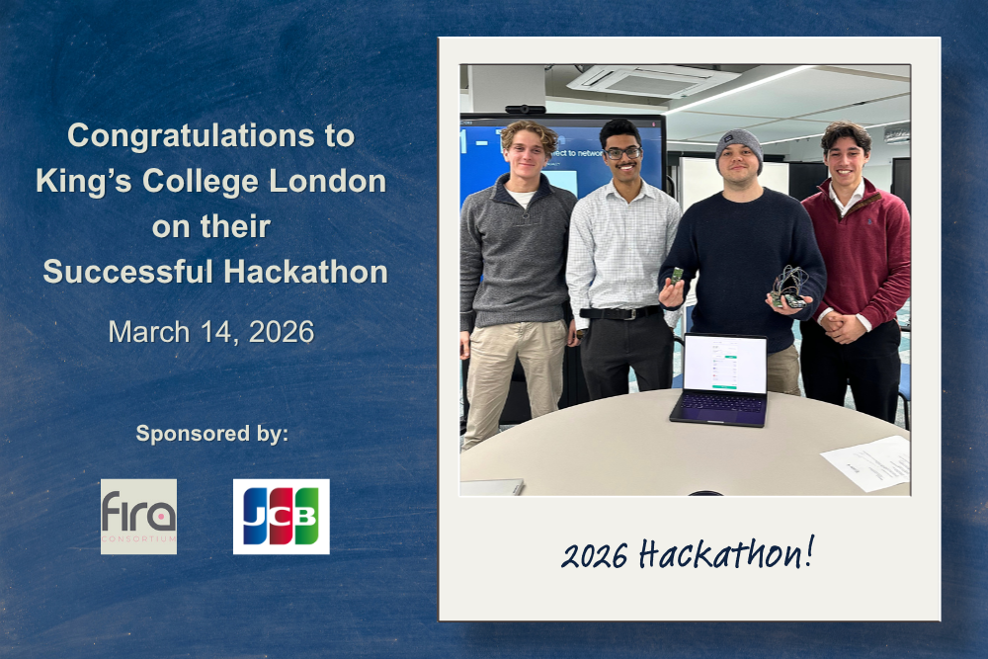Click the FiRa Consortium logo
coord(138,516)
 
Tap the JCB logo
coord(281,516)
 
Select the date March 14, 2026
coord(211,332)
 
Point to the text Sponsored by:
coord(211,433)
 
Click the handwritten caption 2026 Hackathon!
coord(688,554)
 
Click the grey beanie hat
coord(739,145)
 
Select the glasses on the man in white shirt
coord(622,153)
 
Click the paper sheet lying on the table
coord(866,462)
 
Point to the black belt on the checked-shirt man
coord(619,313)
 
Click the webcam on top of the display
coord(525,110)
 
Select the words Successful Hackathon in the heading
coord(214,272)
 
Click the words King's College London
coord(210,182)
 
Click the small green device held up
coord(677,276)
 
